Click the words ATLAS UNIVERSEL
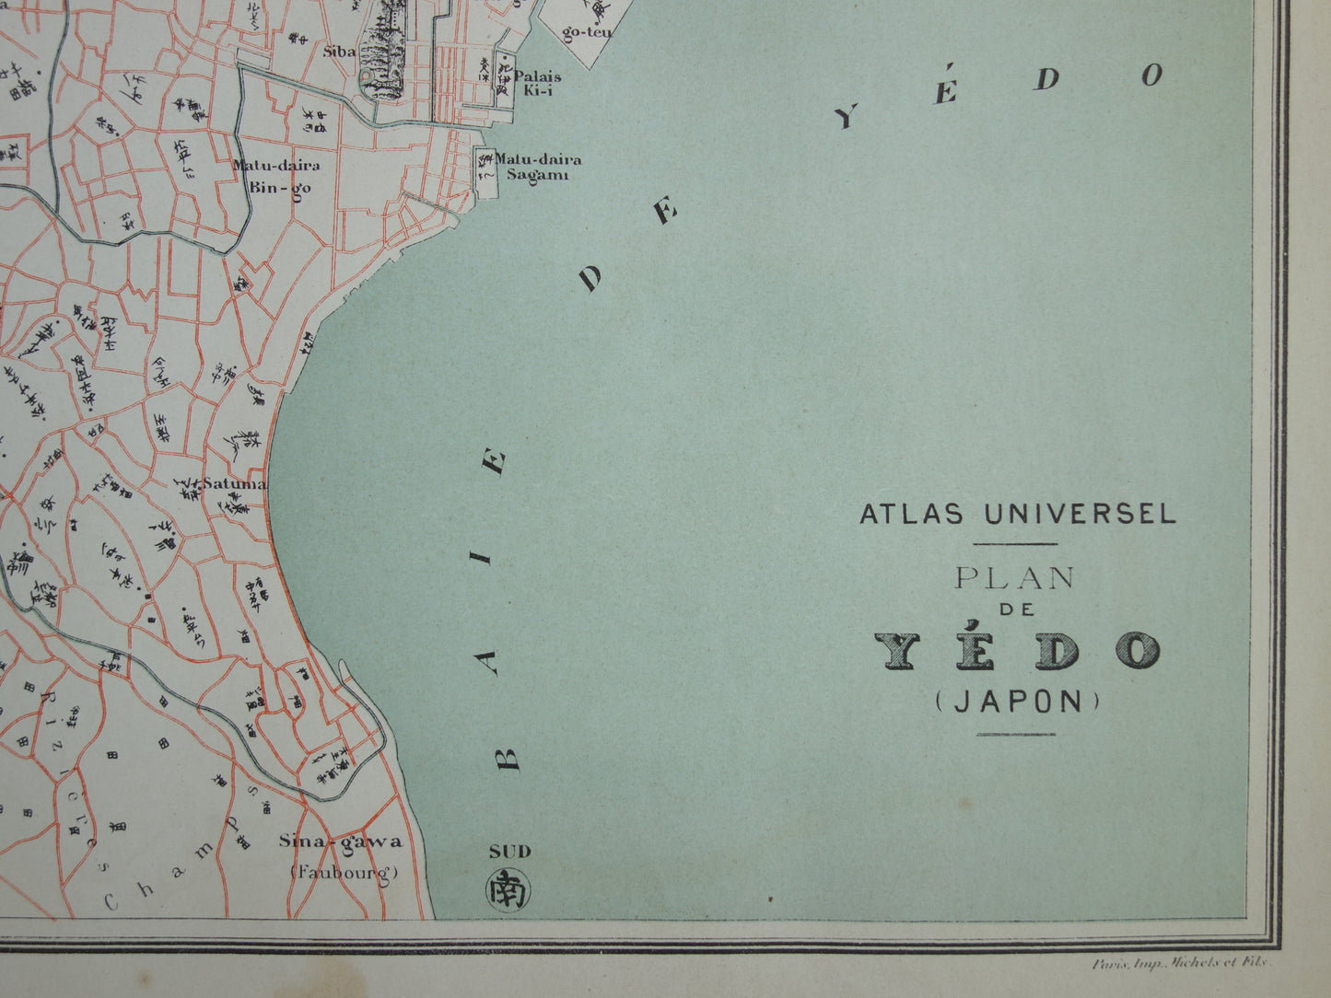(x=1017, y=514)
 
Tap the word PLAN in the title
(x=1015, y=578)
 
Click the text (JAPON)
(x=1016, y=702)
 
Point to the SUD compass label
(x=509, y=852)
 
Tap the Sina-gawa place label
(x=341, y=841)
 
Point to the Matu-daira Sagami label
(x=538, y=166)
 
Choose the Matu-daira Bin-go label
(x=263, y=176)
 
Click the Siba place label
(x=339, y=52)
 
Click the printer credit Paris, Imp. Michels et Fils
(x=1181, y=963)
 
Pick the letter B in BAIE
(x=508, y=756)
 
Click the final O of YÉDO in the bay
(x=1152, y=75)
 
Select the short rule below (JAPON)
(x=1015, y=734)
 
